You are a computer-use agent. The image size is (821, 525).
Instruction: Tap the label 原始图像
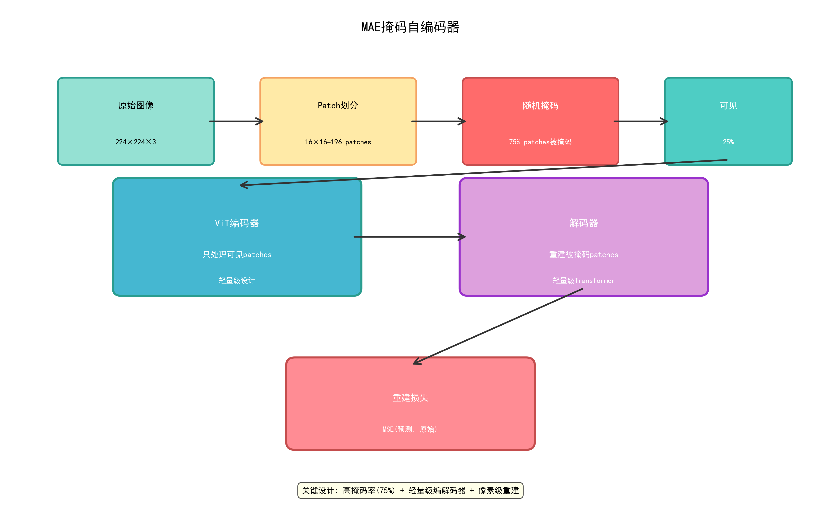[x=136, y=106]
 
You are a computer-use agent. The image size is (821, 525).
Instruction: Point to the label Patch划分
[x=338, y=106]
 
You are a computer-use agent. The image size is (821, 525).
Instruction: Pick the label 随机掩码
[x=540, y=106]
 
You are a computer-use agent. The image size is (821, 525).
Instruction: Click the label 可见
[x=728, y=106]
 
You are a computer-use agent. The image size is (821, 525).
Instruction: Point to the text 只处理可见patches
[x=237, y=255]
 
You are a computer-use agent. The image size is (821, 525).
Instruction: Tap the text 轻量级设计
[x=237, y=281]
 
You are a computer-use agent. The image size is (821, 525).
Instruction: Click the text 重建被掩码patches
[x=584, y=255]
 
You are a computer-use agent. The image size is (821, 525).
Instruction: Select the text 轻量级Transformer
[x=584, y=281]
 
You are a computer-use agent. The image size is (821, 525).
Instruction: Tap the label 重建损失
[x=410, y=398]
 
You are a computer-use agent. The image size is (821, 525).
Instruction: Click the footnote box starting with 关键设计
[x=410, y=491]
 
